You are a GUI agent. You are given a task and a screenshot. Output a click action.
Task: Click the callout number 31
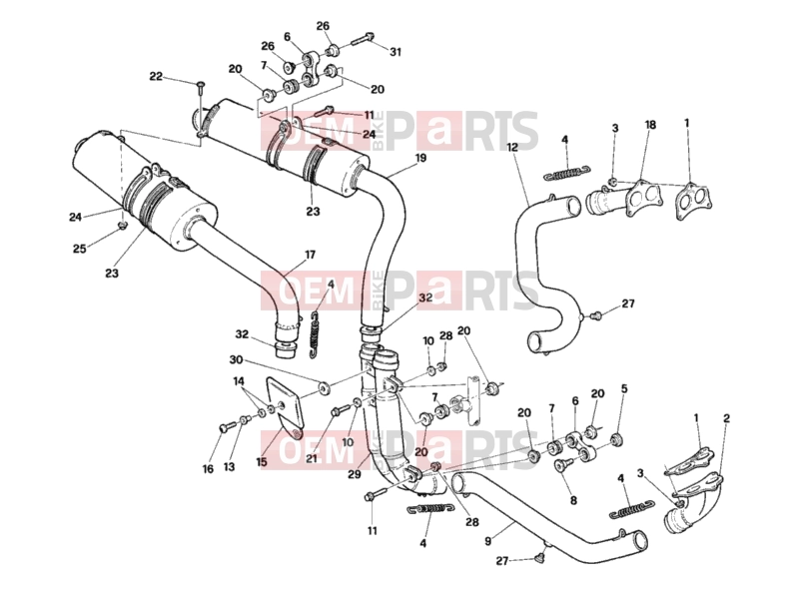(x=396, y=52)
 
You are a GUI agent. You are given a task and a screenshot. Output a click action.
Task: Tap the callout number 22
(x=156, y=77)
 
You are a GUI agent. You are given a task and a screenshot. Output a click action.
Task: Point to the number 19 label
(x=420, y=158)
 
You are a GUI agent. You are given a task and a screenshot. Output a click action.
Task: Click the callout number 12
(x=512, y=147)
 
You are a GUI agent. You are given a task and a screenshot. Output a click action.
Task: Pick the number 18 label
(x=650, y=125)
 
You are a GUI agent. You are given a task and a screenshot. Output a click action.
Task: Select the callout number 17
(x=310, y=255)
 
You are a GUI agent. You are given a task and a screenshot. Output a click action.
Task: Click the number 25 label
(x=80, y=249)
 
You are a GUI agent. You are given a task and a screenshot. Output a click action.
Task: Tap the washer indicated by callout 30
(x=324, y=388)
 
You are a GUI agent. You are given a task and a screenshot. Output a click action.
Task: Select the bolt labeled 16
(x=225, y=428)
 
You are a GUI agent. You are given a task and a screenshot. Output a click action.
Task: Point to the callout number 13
(x=230, y=466)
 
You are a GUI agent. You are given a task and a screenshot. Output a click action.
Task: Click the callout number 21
(x=312, y=458)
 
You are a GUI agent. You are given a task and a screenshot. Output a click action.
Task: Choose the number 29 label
(x=355, y=473)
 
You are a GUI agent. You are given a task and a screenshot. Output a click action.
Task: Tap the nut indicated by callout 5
(x=616, y=439)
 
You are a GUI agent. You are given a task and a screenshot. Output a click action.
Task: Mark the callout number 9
(x=488, y=541)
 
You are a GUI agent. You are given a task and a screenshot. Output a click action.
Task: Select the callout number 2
(x=726, y=418)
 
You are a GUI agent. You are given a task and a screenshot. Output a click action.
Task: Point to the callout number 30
(x=236, y=360)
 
